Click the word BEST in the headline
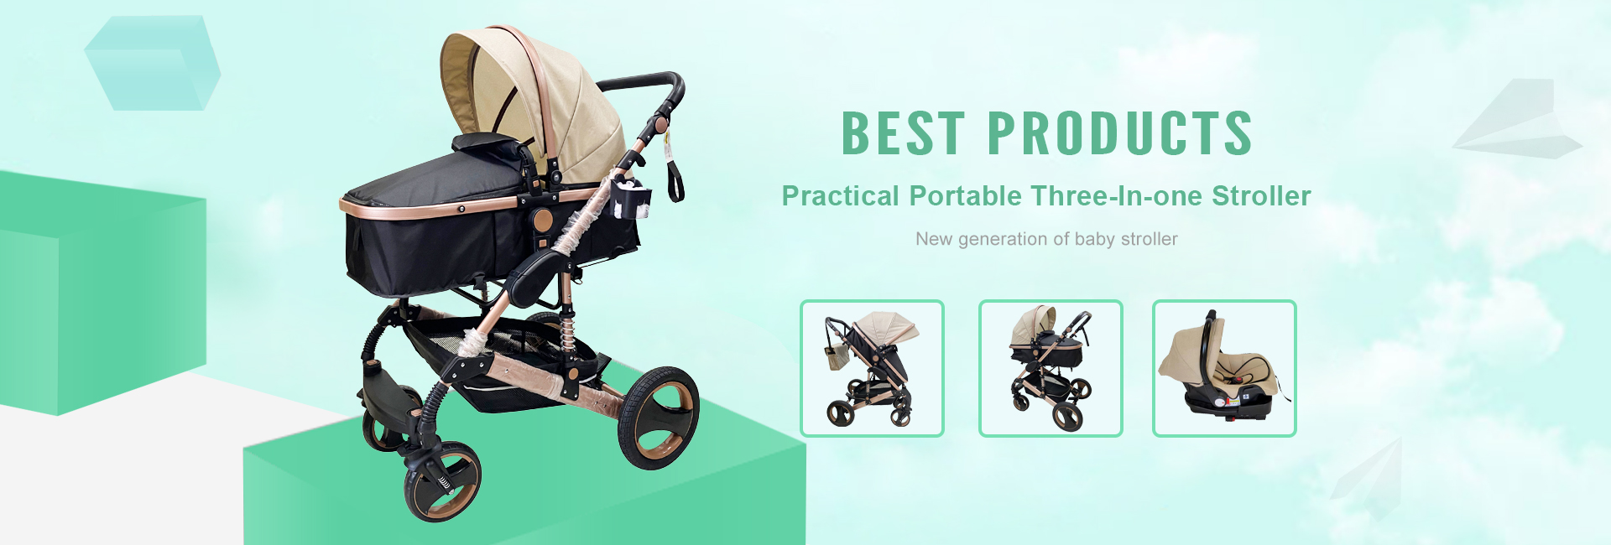point(903,132)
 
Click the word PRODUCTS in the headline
point(1119,132)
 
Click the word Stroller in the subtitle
point(1261,196)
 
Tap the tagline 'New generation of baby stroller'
point(1046,239)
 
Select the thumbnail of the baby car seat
point(1224,368)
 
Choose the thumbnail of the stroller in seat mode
point(872,368)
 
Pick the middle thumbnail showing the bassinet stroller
point(1051,368)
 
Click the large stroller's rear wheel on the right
point(659,417)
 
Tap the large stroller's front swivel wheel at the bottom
point(442,482)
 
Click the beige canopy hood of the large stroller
point(537,92)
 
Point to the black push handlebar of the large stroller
point(642,82)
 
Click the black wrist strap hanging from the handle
point(675,180)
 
